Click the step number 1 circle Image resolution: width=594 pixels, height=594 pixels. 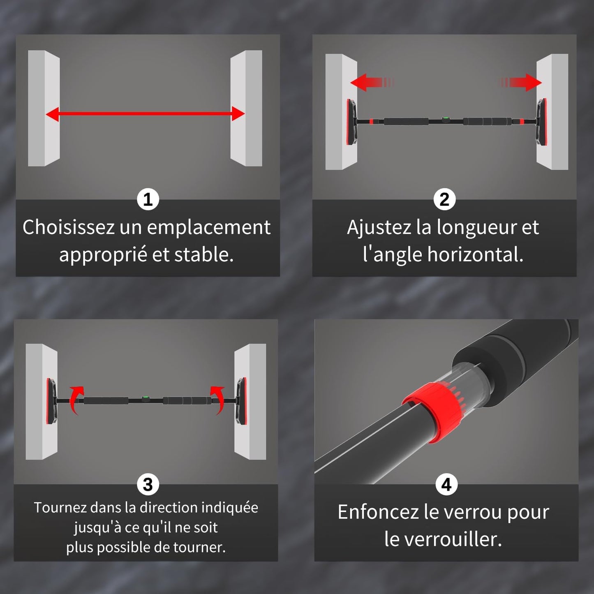tap(148, 199)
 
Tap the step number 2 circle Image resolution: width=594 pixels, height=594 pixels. tap(444, 199)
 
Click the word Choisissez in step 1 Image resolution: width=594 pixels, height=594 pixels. tap(68, 227)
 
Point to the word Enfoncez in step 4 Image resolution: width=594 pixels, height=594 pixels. tap(378, 512)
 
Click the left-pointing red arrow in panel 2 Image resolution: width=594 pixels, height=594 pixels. tap(372, 82)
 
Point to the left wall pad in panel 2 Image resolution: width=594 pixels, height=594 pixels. tap(351, 122)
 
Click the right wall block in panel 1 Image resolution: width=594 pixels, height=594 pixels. tap(246, 108)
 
